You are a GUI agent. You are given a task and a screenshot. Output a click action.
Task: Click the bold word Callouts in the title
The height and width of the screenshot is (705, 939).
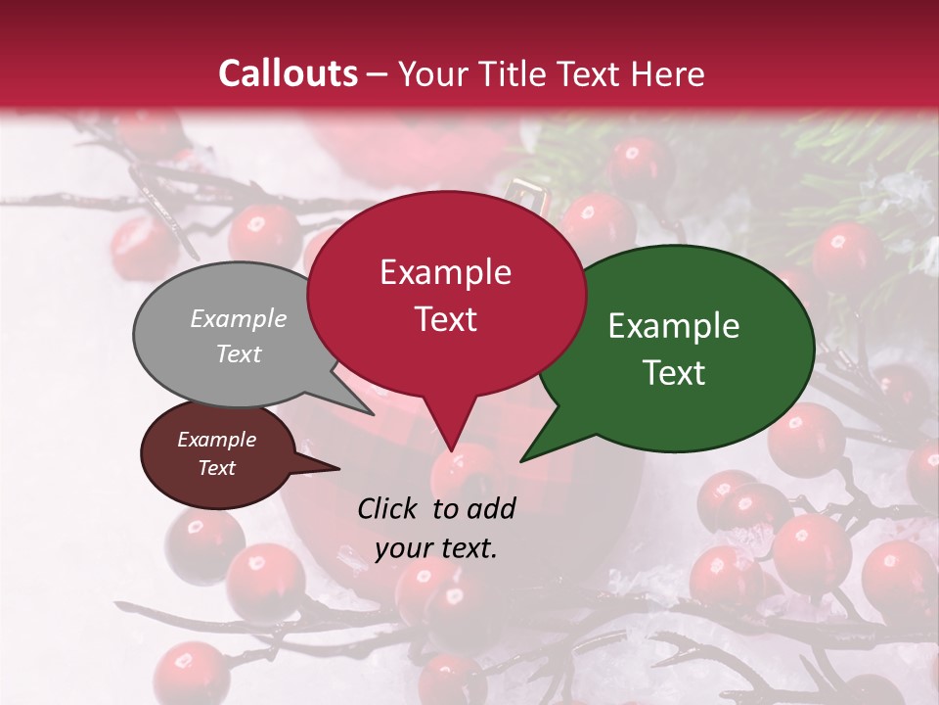tap(288, 73)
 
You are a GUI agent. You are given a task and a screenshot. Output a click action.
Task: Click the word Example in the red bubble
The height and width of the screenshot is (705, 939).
tap(445, 272)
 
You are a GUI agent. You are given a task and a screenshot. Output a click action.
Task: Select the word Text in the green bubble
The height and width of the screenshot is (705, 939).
tap(675, 373)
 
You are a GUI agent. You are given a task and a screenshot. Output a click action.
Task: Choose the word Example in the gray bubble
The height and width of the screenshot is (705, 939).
tap(239, 319)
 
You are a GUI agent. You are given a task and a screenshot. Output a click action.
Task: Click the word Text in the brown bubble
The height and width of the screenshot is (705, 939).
tap(217, 468)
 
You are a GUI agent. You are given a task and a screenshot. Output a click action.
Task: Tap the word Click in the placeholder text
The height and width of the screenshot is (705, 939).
tap(390, 508)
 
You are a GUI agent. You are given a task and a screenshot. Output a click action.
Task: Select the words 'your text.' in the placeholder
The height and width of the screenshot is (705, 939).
tap(436, 548)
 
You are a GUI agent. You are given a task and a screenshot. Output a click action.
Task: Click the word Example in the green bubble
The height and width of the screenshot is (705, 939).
tap(674, 326)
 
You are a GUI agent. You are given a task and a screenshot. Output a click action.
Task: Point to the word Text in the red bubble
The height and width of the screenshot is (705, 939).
tap(446, 319)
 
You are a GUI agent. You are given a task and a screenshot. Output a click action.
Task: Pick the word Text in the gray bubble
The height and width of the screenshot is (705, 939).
tap(239, 354)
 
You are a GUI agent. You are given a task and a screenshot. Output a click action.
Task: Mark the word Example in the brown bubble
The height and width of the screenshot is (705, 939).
tap(217, 440)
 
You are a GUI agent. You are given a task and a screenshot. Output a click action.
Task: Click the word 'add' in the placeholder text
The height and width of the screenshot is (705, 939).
tap(491, 508)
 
